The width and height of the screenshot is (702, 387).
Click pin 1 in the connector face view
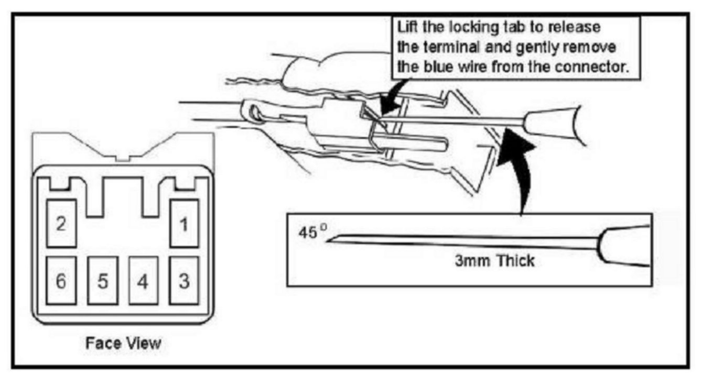[x=184, y=224]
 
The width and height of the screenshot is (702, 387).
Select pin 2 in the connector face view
[x=61, y=224]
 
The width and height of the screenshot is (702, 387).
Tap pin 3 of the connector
[x=184, y=281]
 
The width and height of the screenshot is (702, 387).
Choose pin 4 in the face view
[x=143, y=281]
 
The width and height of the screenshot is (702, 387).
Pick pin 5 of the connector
[x=102, y=281]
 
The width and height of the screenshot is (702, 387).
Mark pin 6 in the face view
[x=61, y=281]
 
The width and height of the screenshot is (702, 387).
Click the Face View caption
[x=123, y=344]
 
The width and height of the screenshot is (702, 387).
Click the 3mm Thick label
[x=494, y=260]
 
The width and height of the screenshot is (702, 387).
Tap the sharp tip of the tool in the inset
[x=328, y=240]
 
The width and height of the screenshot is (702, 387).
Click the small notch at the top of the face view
[x=123, y=157]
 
